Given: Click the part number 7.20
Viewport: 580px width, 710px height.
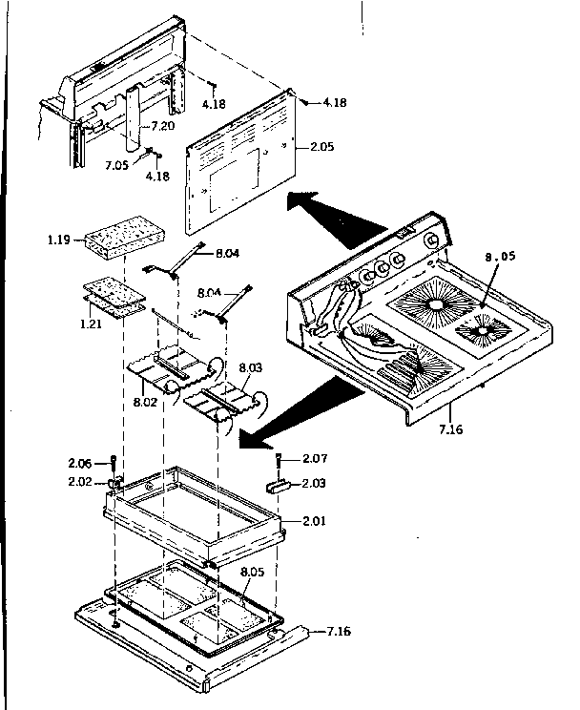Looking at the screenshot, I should (164, 126).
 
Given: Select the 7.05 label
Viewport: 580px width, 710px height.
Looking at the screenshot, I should (116, 164).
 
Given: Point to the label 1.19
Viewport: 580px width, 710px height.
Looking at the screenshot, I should (58, 240).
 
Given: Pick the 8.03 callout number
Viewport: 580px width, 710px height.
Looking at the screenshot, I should (250, 365).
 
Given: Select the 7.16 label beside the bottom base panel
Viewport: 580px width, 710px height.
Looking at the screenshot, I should (337, 633).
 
